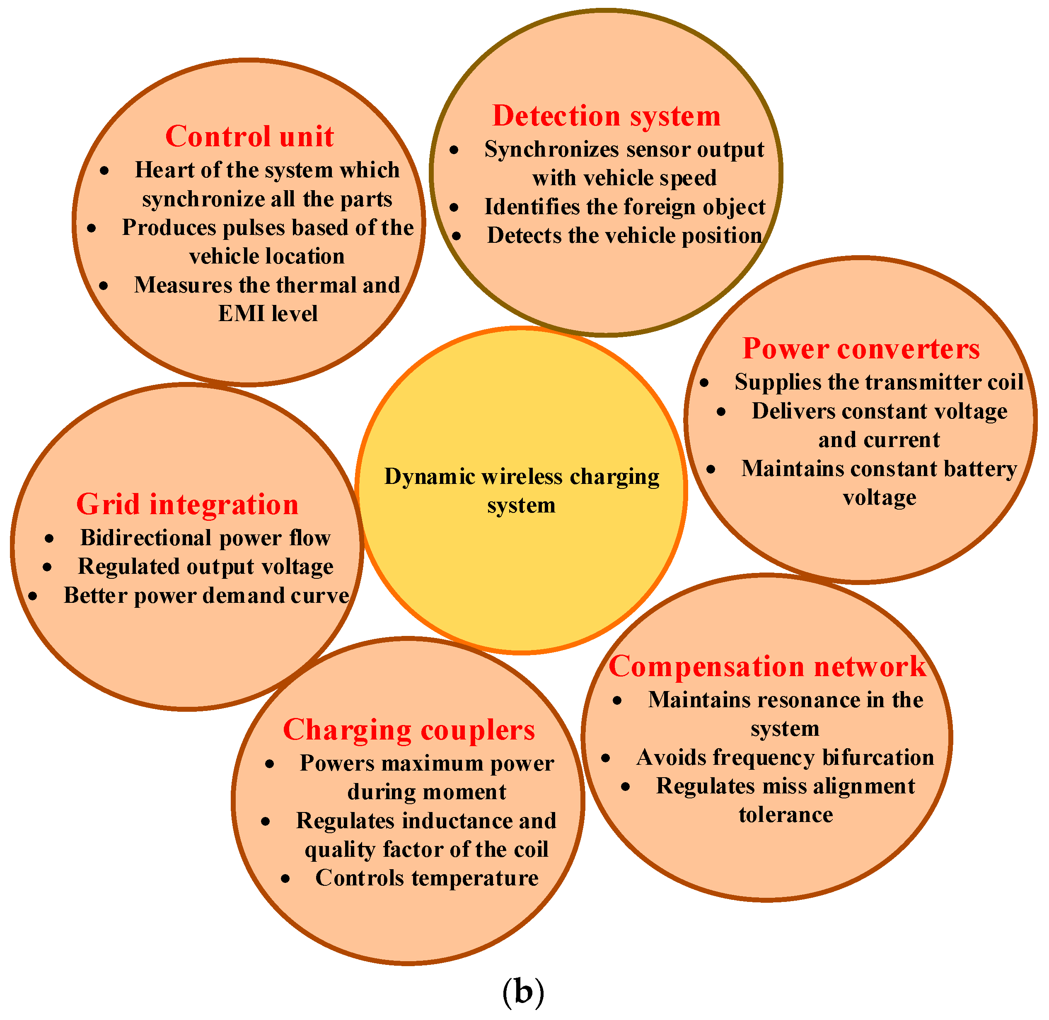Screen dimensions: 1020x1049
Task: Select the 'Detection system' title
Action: pos(606,116)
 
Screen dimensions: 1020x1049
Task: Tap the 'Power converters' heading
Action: pos(861,349)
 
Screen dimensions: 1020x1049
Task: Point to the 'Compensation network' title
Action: pos(767,667)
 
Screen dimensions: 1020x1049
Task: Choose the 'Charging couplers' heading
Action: pos(409,730)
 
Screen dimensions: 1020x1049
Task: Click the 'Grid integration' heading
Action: pos(188,504)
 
